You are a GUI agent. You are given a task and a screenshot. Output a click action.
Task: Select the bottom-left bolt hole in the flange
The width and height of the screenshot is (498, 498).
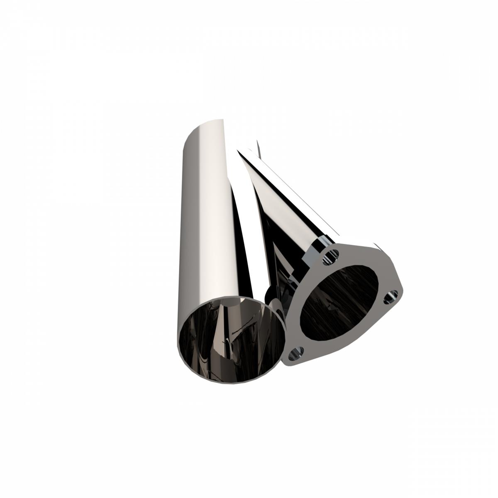pyautogui.click(x=296, y=354)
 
